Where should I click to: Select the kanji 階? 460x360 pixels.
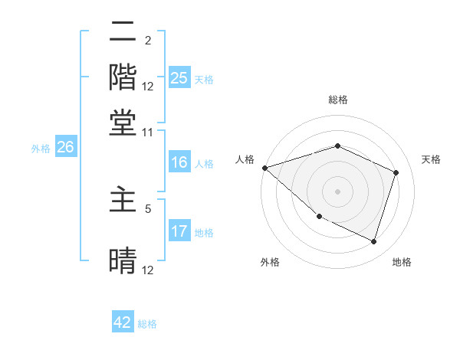click(123, 77)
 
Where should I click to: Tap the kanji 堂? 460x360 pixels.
click(123, 123)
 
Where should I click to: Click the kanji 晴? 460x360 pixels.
click(123, 260)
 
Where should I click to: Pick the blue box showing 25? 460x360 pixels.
click(179, 78)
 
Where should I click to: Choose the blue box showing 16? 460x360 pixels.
click(179, 162)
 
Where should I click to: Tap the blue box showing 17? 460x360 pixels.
click(179, 231)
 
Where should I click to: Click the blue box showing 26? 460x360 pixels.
click(65, 148)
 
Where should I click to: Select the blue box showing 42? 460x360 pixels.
click(123, 322)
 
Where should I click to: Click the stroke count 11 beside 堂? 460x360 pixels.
click(148, 132)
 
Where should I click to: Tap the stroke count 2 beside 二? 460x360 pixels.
click(148, 41)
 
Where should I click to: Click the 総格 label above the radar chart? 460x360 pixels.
click(337, 100)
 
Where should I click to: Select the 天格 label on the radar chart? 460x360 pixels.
click(431, 159)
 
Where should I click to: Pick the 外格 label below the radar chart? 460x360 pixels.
click(269, 262)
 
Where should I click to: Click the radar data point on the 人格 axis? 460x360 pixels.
click(264, 168)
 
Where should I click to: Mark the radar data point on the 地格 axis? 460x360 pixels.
click(374, 242)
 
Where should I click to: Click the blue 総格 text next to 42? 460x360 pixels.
click(147, 324)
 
